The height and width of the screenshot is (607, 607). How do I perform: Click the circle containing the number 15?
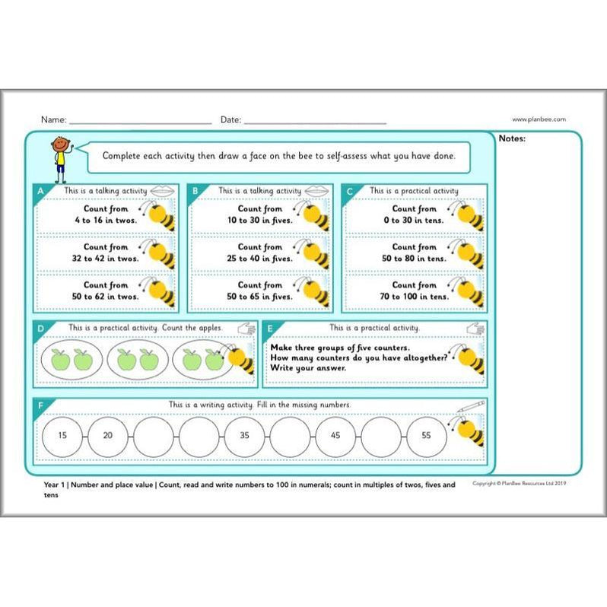point(62,436)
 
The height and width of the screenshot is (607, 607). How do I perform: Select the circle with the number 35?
point(245,436)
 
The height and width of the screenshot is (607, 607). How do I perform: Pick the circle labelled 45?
point(336,436)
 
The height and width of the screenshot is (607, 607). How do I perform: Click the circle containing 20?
point(108,436)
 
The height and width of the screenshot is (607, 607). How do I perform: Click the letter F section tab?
point(40,405)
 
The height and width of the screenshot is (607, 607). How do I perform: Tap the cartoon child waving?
point(59,158)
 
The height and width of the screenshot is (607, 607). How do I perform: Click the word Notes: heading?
point(512,138)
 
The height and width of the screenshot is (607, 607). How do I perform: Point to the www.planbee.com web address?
point(539,119)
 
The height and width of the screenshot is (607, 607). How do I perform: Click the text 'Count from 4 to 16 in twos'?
point(106,214)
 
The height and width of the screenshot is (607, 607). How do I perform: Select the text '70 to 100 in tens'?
point(415,296)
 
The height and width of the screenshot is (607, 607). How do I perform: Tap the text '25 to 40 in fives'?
point(260,258)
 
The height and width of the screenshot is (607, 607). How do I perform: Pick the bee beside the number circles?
point(469,430)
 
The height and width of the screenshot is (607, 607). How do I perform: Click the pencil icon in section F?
point(477,405)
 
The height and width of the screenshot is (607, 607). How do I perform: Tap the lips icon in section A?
point(161,190)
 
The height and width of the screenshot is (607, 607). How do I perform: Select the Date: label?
point(230,120)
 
